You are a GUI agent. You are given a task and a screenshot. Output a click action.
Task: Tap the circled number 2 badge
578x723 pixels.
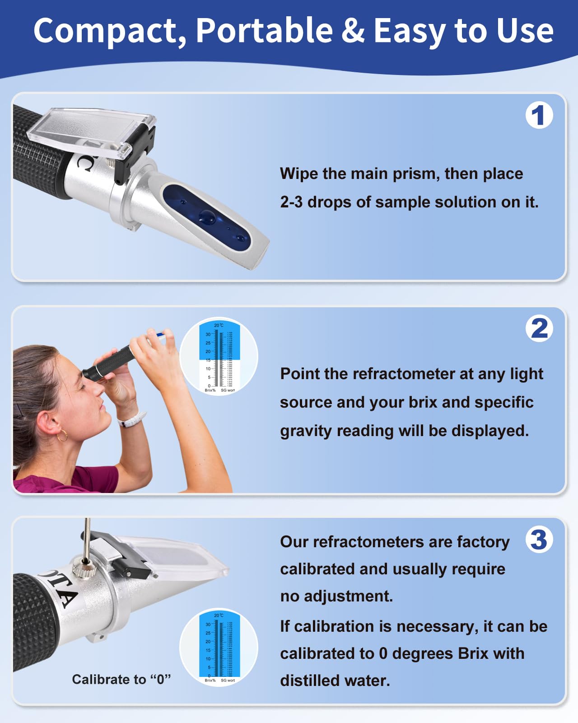coord(539,329)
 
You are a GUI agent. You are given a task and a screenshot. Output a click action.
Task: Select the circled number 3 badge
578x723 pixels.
coord(539,540)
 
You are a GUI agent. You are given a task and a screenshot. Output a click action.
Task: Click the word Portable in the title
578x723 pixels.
coord(264,31)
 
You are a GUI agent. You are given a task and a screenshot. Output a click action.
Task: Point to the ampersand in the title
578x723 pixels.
coord(353,31)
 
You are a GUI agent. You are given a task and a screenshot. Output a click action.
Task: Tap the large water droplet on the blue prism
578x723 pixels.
coord(208,217)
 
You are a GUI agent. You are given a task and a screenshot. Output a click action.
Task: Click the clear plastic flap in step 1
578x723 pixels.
coord(90,129)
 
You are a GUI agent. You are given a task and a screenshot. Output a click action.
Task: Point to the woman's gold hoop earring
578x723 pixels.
coord(62,435)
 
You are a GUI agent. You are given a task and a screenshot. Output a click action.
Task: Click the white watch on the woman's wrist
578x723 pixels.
coord(132,420)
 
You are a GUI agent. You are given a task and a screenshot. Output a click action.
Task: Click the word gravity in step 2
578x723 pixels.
coord(306,431)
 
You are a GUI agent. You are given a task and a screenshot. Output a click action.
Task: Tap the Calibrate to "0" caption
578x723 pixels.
coord(121,679)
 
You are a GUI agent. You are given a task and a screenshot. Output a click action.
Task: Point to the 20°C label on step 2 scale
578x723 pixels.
coord(219,325)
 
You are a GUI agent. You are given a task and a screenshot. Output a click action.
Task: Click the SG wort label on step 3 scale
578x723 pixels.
coord(228,680)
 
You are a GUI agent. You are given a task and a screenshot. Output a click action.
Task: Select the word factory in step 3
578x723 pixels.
coord(483,542)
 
